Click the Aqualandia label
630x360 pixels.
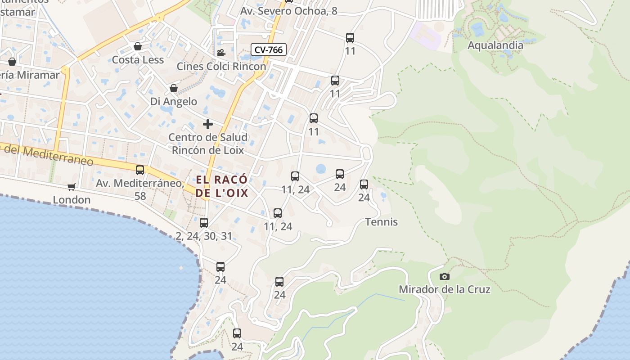[495, 45]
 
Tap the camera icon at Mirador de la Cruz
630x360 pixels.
[445, 276]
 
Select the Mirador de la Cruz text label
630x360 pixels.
[444, 289]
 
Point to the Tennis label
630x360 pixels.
[381, 222]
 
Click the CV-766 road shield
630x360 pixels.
[269, 49]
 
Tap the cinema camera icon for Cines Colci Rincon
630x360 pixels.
[221, 53]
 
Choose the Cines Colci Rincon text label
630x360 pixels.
[221, 66]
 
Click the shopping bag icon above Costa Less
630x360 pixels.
[138, 46]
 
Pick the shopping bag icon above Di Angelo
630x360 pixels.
[173, 88]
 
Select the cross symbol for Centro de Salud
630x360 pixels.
[207, 124]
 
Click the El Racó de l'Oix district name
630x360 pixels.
[221, 186]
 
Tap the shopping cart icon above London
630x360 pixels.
[71, 186]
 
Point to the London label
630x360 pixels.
[72, 199]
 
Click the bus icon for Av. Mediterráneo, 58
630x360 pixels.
[140, 170]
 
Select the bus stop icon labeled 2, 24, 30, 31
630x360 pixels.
[203, 222]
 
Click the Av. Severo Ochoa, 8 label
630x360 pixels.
[288, 11]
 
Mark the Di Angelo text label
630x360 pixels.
[173, 102]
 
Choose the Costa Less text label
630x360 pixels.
[138, 60]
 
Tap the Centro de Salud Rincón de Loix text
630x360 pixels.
[207, 144]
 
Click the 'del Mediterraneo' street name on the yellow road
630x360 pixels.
[47, 155]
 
